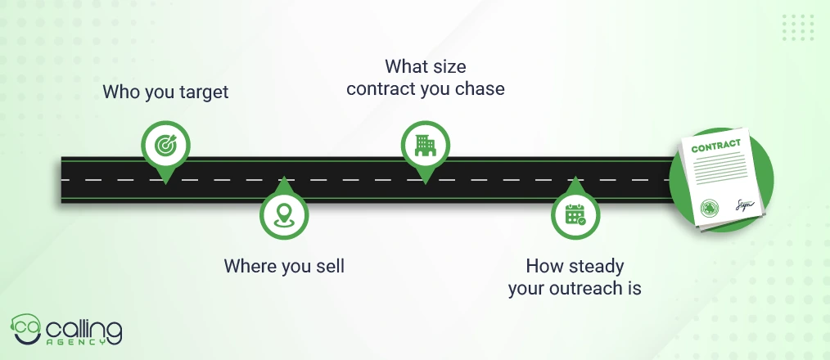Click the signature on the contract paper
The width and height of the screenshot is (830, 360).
[x=744, y=205]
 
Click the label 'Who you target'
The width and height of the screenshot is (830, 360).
[x=165, y=92]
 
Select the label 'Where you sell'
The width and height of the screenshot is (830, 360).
[x=284, y=266]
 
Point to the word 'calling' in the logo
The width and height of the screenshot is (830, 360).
[x=84, y=331]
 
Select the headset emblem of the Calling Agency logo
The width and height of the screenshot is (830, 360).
[x=26, y=329]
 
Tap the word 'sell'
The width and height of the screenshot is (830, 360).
[x=331, y=266]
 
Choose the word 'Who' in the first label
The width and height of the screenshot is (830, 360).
[x=115, y=92]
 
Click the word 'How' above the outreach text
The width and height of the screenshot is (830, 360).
[x=542, y=266]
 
